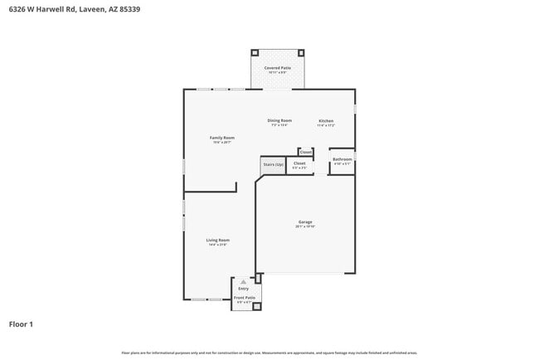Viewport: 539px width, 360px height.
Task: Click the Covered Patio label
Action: [278, 67]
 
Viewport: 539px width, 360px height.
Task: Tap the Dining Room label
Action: [279, 120]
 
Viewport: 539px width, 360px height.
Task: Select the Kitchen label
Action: [326, 121]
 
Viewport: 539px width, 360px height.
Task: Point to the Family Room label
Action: [221, 138]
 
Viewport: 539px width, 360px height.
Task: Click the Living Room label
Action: [217, 241]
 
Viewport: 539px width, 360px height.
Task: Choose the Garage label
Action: [305, 221]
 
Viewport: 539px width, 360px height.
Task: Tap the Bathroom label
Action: [342, 158]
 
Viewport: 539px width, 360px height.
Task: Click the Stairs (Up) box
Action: [274, 165]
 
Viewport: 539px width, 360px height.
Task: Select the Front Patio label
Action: [244, 297]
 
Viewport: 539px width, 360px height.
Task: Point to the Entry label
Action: [243, 288]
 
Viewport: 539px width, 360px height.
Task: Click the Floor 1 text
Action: [21, 324]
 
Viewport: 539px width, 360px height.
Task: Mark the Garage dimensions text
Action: [305, 226]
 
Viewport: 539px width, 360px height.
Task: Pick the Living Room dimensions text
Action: [217, 246]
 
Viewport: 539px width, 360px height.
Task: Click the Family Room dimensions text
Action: [221, 143]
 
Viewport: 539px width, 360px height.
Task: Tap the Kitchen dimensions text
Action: [326, 126]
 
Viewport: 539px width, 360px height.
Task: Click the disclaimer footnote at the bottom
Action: [269, 353]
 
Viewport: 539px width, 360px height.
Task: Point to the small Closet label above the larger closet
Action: [305, 153]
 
